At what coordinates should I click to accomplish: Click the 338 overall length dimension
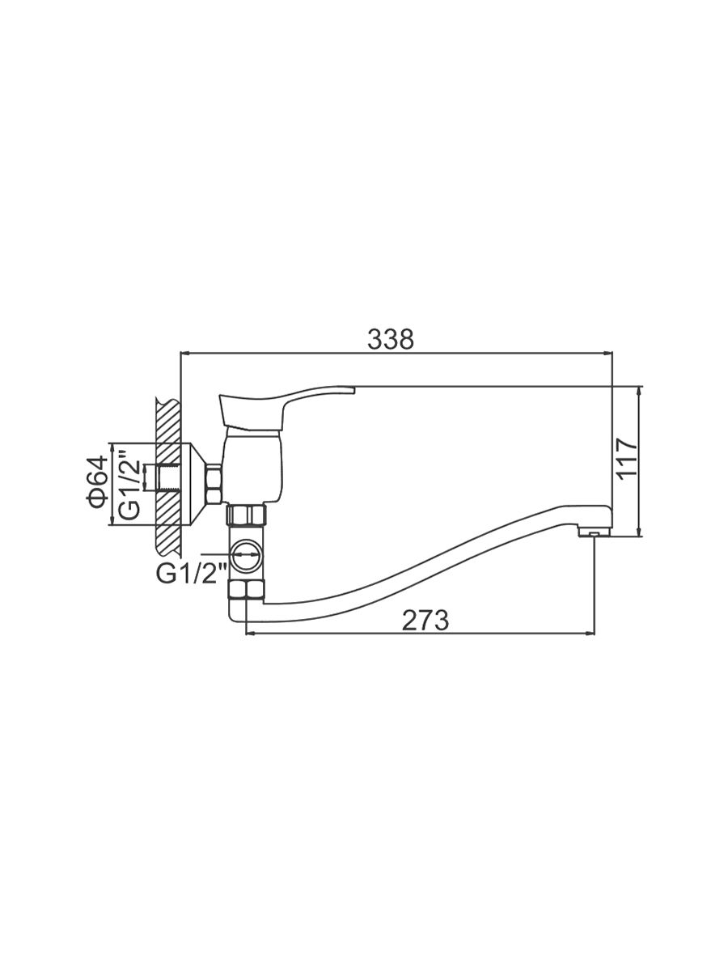point(391,339)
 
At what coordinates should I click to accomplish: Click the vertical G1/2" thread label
point(130,485)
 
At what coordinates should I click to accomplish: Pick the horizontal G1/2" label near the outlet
point(192,575)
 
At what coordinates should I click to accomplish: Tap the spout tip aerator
point(595,532)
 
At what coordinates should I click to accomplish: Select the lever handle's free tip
point(353,390)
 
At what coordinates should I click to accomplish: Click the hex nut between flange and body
point(214,483)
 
